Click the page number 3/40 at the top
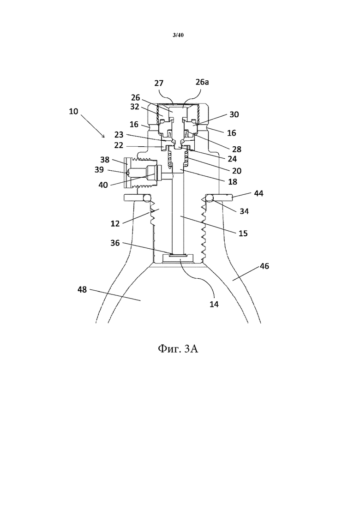178,35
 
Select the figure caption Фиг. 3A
178,348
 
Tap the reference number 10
73,111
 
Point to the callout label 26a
202,82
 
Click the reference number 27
159,83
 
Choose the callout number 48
82,289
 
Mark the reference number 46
264,266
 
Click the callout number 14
214,305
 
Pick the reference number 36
115,243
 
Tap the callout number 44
259,193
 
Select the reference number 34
244,211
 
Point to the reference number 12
115,224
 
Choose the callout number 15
243,234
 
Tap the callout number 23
119,135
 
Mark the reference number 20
237,171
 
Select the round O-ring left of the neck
147,198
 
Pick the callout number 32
135,107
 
